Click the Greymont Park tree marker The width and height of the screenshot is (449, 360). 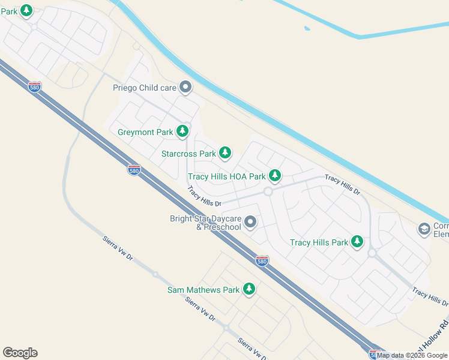pyautogui.click(x=182, y=131)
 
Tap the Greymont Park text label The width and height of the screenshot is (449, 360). pyautogui.click(x=145, y=132)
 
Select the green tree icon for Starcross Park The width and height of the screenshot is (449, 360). pyautogui.click(x=225, y=153)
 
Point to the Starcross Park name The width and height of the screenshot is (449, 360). pyautogui.click(x=188, y=154)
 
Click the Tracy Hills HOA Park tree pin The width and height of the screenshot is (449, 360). pyautogui.click(x=275, y=175)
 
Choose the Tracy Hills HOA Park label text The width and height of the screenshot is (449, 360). pyautogui.click(x=226, y=177)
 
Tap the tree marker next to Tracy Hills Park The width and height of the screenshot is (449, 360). pyautogui.click(x=357, y=241)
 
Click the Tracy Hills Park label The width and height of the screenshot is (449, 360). pyautogui.click(x=319, y=243)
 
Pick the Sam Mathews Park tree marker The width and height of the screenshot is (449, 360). pyautogui.click(x=249, y=289)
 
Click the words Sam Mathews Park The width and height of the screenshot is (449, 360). pyautogui.click(x=203, y=290)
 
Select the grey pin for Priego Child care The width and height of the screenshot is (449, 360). pyautogui.click(x=185, y=88)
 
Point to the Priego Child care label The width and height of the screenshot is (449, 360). pyautogui.click(x=145, y=88)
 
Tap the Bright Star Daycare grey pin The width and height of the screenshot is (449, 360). pyautogui.click(x=250, y=223)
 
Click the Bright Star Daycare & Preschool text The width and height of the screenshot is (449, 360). pyautogui.click(x=206, y=223)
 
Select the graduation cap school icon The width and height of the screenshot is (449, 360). pyautogui.click(x=424, y=229)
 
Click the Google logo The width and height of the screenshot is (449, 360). pyautogui.click(x=20, y=353)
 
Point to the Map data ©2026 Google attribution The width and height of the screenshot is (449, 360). pyautogui.click(x=412, y=356)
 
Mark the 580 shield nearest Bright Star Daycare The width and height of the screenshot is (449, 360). pyautogui.click(x=262, y=260)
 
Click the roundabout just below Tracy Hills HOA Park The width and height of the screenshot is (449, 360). pyautogui.click(x=268, y=192)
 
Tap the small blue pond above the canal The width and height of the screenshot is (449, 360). pyautogui.click(x=307, y=28)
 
